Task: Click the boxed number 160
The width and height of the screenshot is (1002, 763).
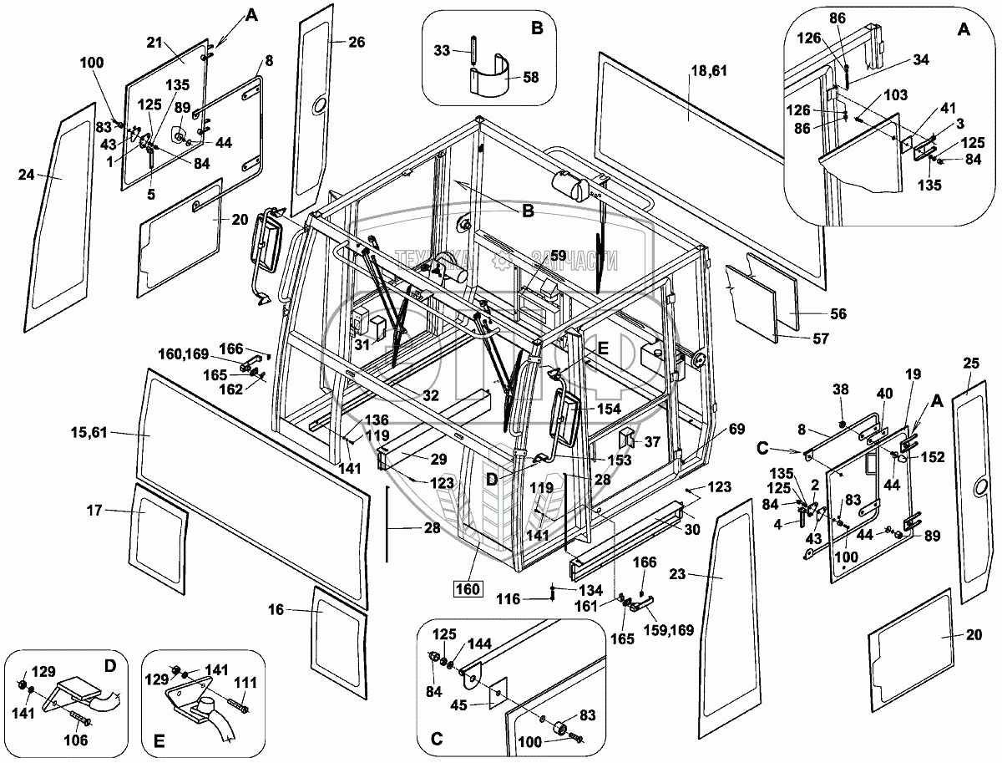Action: [468, 589]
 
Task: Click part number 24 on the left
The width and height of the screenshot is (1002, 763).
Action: [28, 175]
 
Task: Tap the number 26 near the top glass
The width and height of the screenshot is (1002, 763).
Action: [357, 43]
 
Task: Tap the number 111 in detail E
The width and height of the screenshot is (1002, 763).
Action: [244, 684]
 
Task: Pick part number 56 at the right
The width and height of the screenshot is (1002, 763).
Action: [838, 314]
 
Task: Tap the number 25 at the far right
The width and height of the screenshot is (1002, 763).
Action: [969, 364]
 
